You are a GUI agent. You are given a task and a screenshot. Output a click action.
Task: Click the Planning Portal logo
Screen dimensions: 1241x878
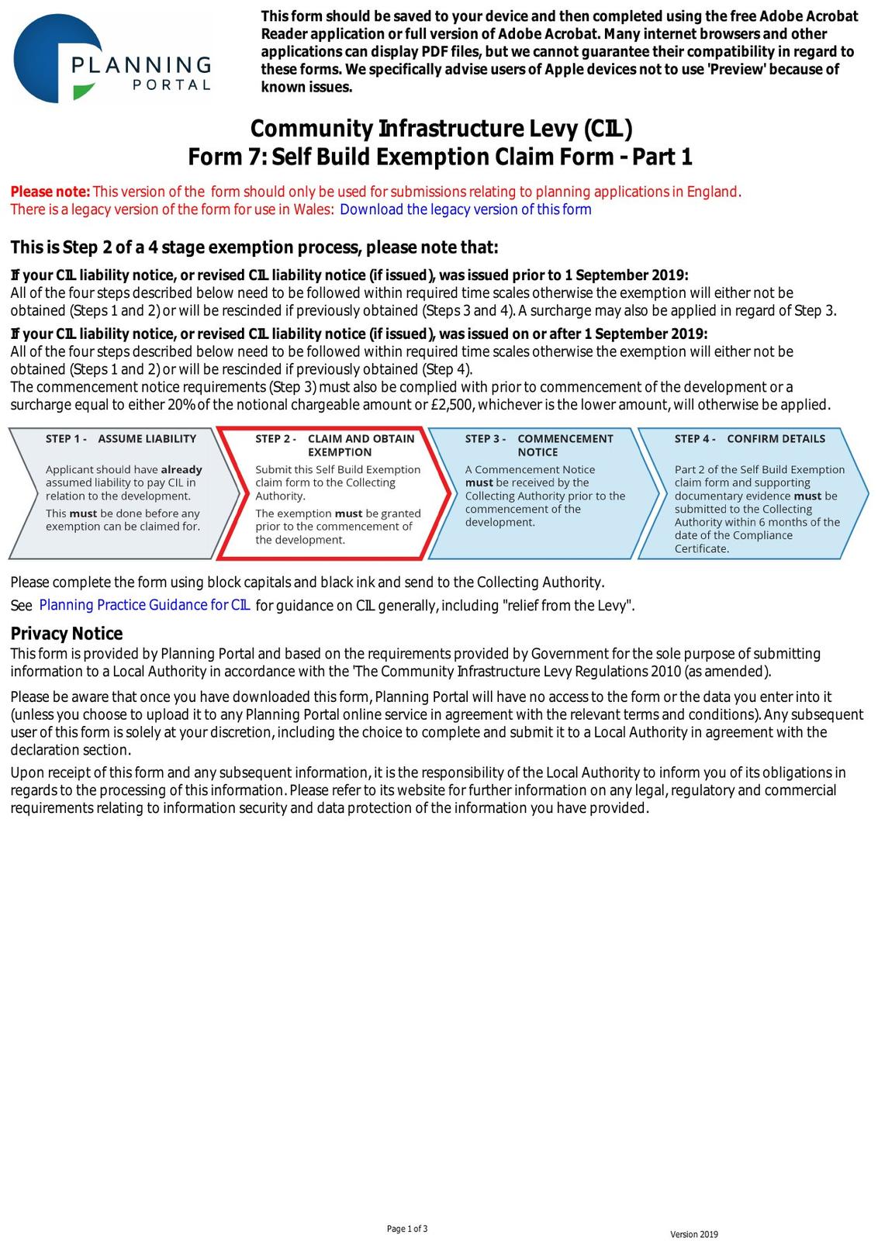[112, 59]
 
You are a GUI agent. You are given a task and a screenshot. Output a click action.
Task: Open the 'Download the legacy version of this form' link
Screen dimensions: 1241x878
[465, 209]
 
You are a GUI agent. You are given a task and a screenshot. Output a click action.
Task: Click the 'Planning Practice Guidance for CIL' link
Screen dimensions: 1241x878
[144, 605]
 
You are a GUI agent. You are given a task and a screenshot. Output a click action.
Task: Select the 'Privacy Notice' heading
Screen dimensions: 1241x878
[67, 634]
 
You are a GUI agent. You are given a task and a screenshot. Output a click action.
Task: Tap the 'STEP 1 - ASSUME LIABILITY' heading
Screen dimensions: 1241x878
[121, 438]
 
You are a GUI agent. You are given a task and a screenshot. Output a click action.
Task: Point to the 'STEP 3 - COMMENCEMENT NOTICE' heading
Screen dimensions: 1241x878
[539, 444]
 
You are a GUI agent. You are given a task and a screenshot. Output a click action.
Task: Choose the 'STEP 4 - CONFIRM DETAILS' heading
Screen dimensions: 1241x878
[749, 438]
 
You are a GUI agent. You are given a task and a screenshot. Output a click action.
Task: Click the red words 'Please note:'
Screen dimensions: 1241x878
[50, 192]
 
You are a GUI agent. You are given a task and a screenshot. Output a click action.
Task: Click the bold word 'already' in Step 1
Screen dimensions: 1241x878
[181, 469]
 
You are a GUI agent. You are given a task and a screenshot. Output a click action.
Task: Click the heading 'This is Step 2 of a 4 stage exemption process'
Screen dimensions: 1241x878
[254, 247]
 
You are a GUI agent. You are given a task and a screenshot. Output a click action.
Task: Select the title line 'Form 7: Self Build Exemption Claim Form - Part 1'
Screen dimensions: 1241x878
[440, 157]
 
